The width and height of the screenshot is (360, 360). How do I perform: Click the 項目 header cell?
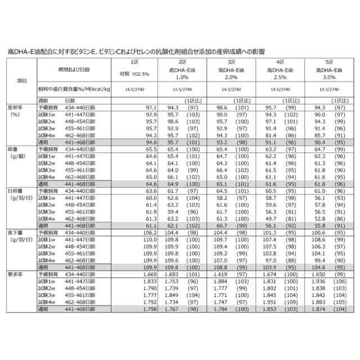tap(22, 80)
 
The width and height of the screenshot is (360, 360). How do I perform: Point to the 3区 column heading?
tap(232, 61)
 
